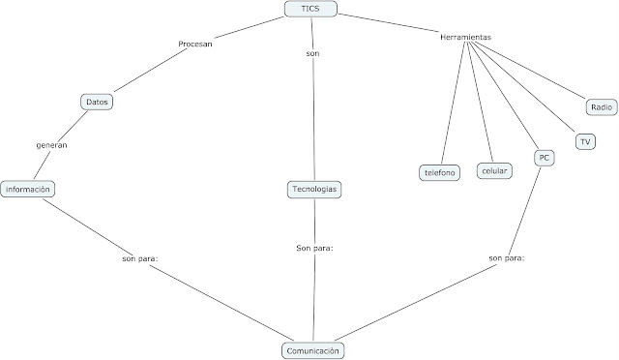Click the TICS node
pos(310,10)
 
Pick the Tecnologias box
pos(314,190)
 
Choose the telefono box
pos(439,172)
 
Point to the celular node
pos(495,170)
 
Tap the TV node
pos(584,141)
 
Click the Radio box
pos(601,106)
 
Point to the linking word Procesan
pos(195,45)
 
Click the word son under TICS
pos(312,53)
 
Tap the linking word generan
pos(50,144)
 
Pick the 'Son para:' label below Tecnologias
pos(314,249)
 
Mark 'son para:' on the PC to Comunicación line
pos(507,258)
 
